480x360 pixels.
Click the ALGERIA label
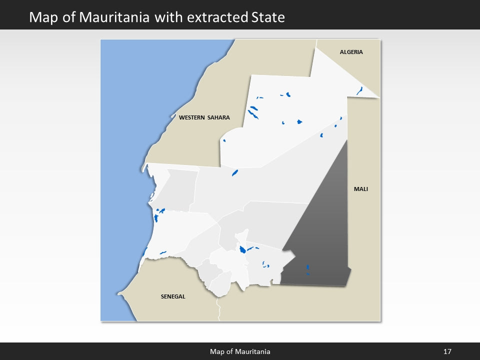pyautogui.click(x=351, y=52)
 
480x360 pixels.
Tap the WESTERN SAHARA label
pyautogui.click(x=204, y=118)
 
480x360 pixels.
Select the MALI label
pyautogui.click(x=360, y=189)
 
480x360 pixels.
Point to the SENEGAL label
pyautogui.click(x=173, y=296)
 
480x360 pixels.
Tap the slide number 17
pyautogui.click(x=447, y=352)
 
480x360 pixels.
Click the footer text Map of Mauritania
pyautogui.click(x=240, y=352)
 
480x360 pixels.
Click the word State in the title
pyautogui.click(x=268, y=17)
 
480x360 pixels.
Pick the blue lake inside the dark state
pyautogui.click(x=307, y=267)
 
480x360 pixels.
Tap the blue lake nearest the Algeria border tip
pyautogui.click(x=359, y=90)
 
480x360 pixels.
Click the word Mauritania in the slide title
pyautogui.click(x=120, y=17)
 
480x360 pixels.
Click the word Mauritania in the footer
pyautogui.click(x=254, y=352)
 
